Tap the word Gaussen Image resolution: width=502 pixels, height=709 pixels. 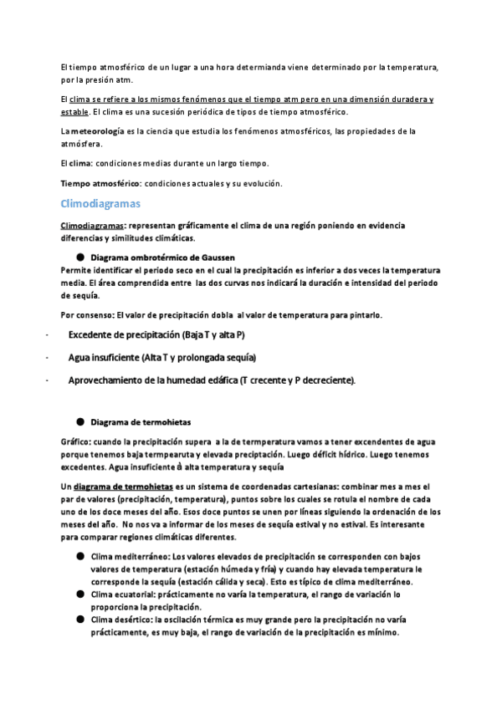[216, 258]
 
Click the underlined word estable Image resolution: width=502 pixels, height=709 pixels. [74, 111]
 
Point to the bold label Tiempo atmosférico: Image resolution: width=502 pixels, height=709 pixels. [95, 183]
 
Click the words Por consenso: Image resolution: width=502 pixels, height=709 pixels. [86, 315]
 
